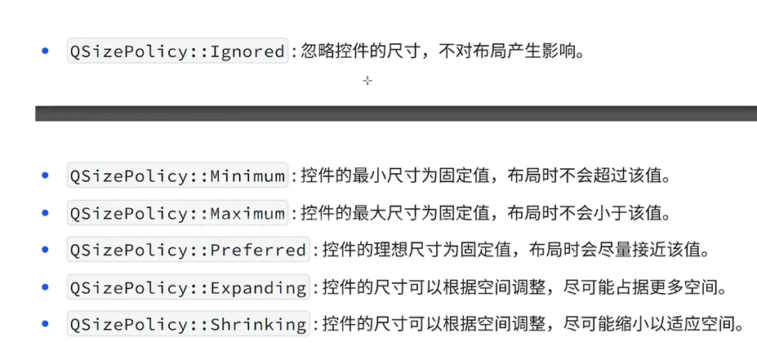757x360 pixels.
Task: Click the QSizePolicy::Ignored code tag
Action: [x=177, y=51]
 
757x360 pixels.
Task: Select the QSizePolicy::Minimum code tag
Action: [x=177, y=176]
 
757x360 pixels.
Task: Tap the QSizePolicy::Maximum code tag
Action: [x=177, y=213]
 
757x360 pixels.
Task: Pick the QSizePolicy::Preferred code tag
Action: [x=188, y=250]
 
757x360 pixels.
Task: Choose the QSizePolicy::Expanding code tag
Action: [x=188, y=287]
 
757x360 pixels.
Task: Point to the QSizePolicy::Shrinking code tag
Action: [x=188, y=324]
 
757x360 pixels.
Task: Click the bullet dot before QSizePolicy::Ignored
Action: [x=45, y=51]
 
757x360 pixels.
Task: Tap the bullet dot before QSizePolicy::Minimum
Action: [x=45, y=175]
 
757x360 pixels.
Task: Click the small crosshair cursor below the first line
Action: [x=367, y=81]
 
